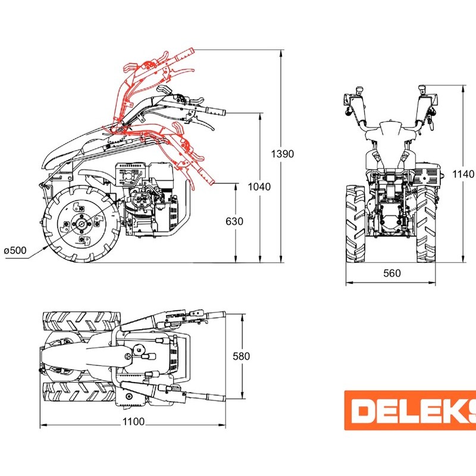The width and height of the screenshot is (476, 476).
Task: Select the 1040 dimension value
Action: click(260, 187)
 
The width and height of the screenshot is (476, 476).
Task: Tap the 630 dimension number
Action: click(236, 221)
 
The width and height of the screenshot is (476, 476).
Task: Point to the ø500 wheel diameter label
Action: click(15, 250)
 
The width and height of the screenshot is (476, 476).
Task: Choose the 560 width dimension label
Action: click(392, 274)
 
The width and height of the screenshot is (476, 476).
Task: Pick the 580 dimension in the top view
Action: click(242, 356)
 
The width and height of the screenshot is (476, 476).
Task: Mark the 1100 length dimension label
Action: click(134, 422)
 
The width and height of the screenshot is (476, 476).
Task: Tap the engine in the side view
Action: click(149, 199)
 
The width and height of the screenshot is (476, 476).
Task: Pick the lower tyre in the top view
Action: click(80, 392)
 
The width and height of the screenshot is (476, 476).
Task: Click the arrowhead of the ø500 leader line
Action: click(49, 245)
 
